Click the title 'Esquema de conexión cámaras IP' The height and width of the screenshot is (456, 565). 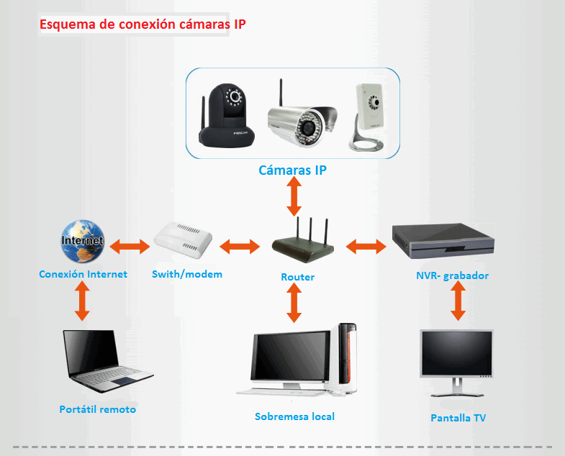pos(143,24)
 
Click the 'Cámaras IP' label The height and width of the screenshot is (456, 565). pos(293,170)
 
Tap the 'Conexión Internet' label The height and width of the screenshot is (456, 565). pos(83,274)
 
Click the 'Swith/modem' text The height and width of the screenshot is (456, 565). pos(187,274)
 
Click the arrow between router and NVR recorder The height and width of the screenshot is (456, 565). pos(366,247)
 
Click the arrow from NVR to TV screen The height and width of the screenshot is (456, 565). pos(456,301)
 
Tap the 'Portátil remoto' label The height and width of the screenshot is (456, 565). pos(97,409)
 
